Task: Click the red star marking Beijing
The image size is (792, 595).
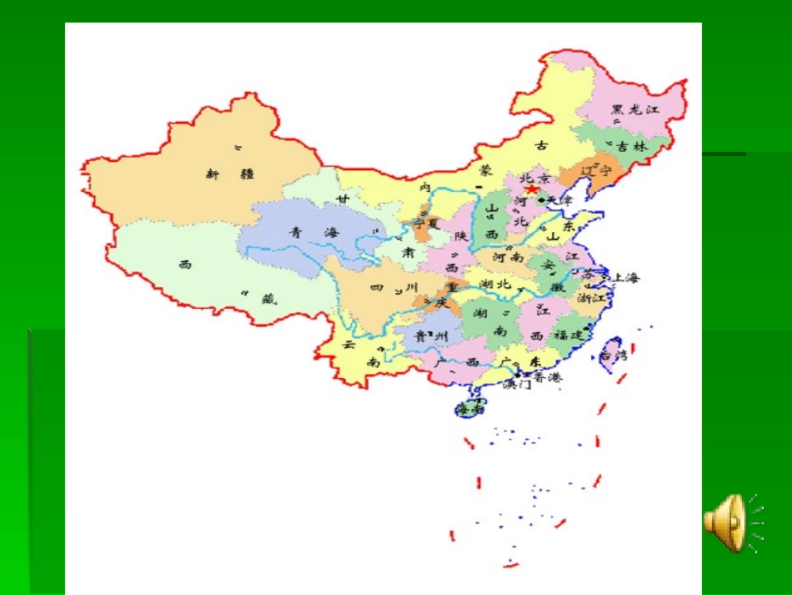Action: (531, 189)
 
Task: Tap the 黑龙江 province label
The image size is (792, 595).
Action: (635, 109)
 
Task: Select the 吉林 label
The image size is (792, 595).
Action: (631, 145)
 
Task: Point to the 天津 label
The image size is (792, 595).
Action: (560, 200)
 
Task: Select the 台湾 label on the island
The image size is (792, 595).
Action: (614, 355)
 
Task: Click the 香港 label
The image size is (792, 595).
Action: (548, 377)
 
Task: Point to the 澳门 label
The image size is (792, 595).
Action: (518, 385)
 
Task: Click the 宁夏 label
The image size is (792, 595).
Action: (425, 224)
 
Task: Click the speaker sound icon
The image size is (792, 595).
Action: (731, 523)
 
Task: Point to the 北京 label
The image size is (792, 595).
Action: (534, 178)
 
